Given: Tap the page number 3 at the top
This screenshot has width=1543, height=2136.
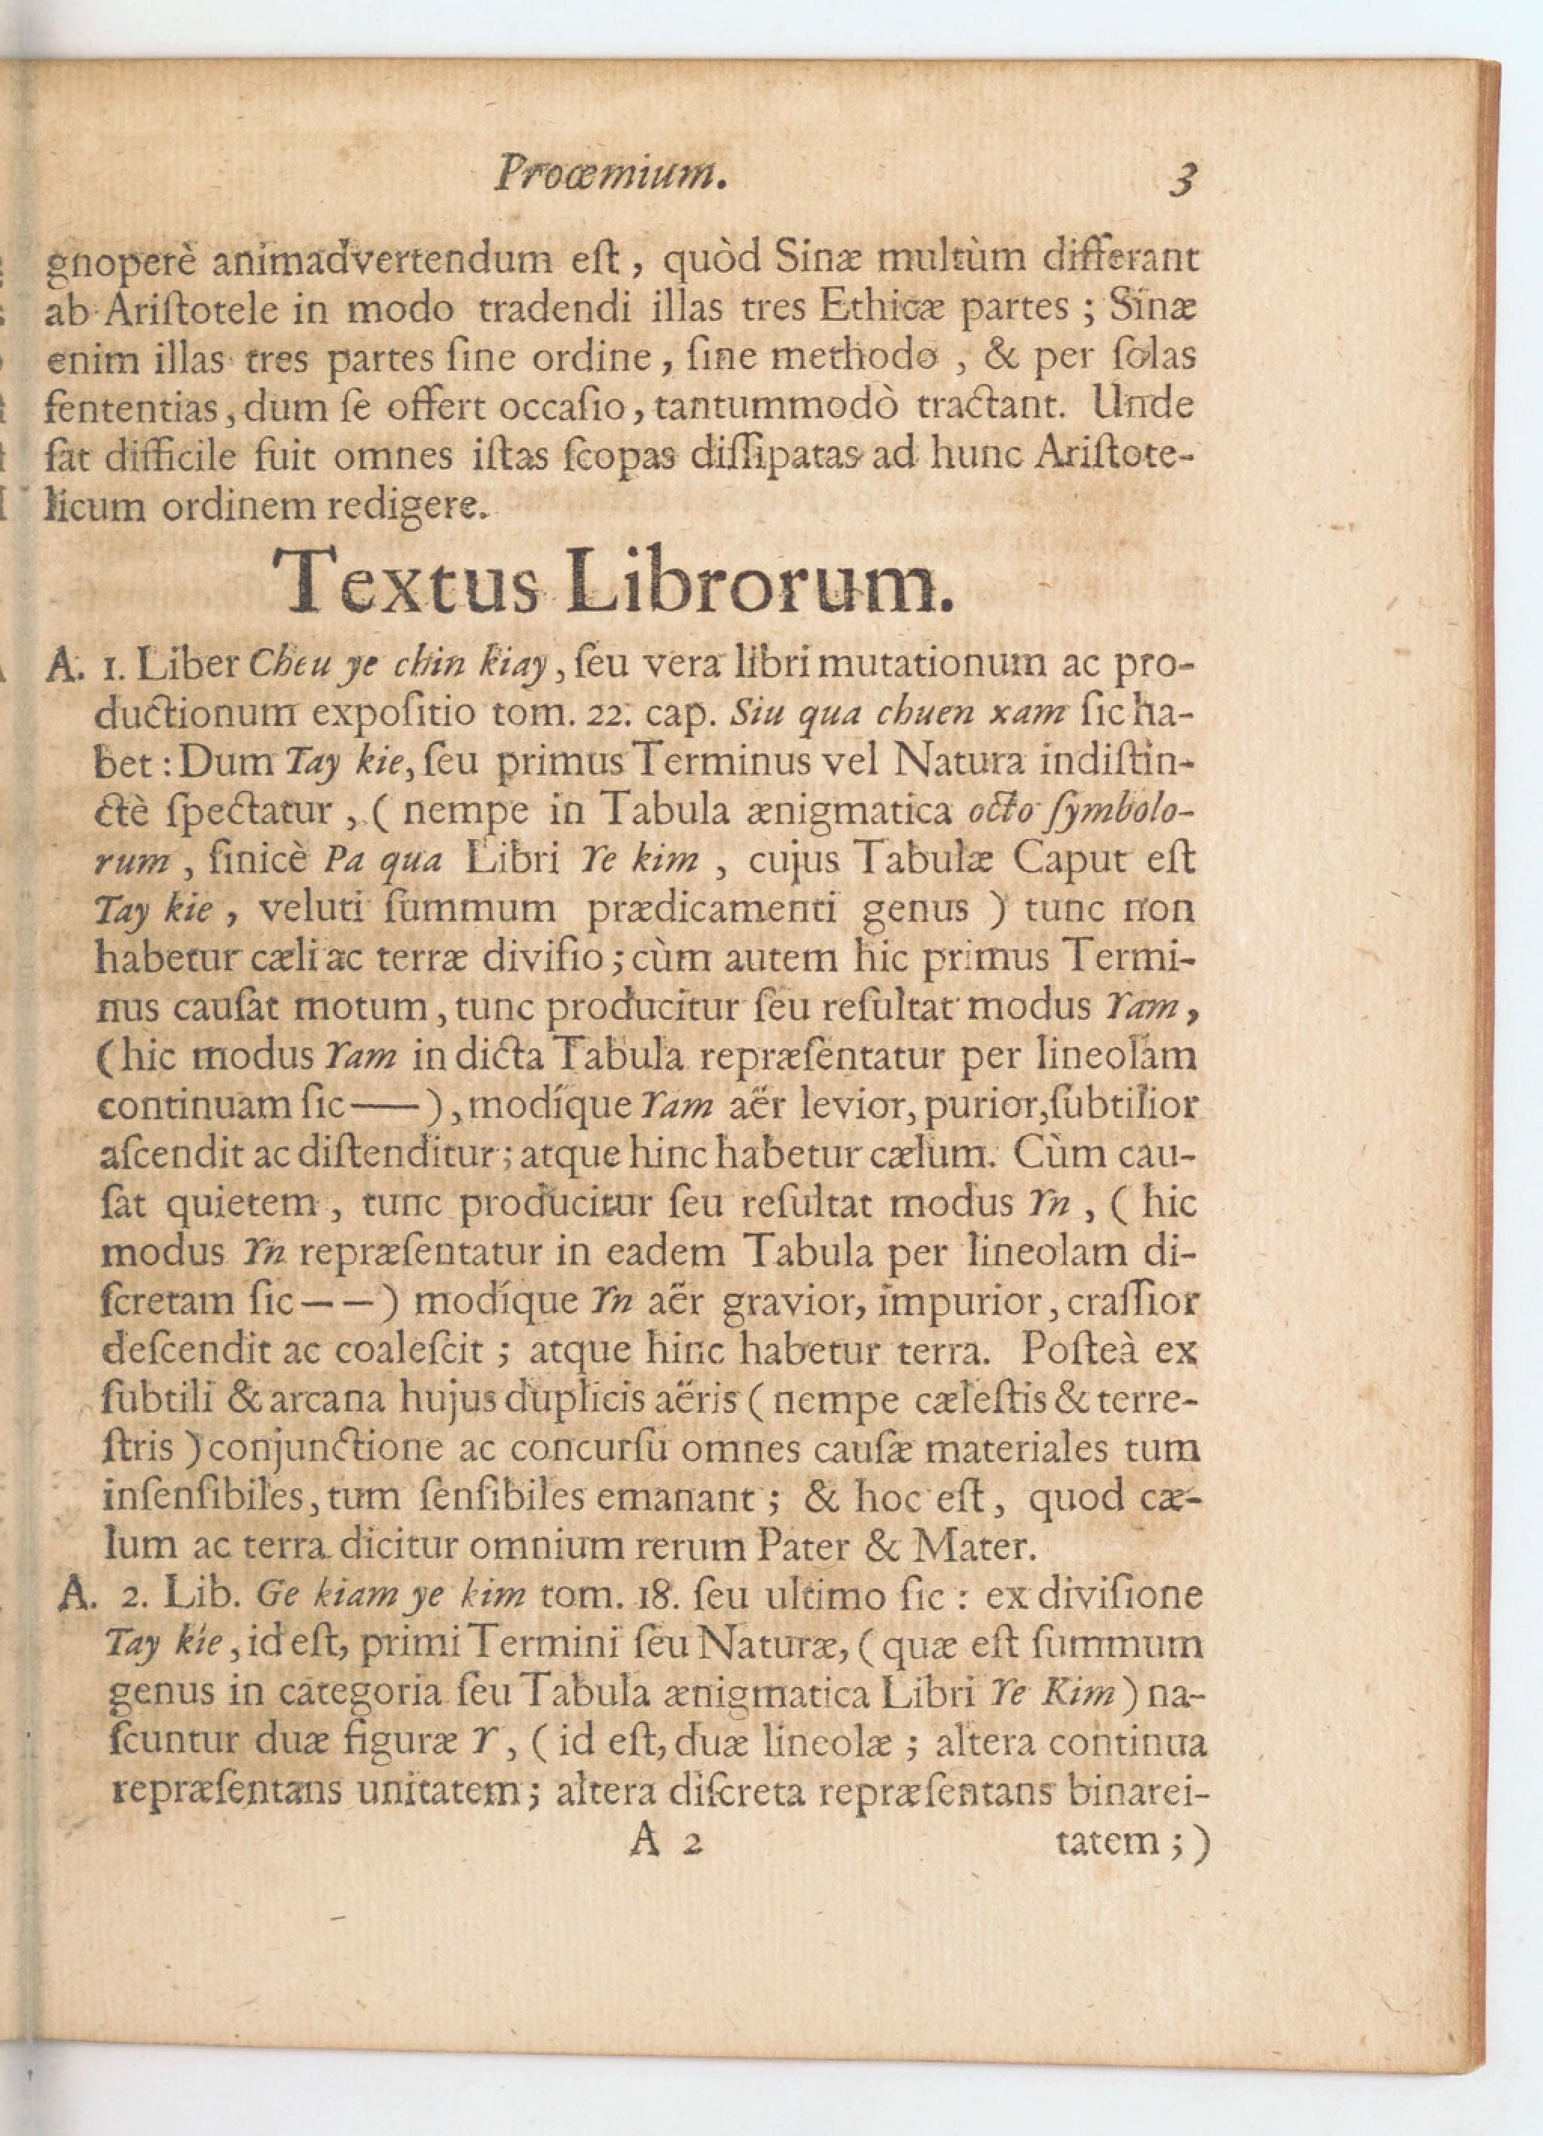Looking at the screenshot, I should (1182, 177).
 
